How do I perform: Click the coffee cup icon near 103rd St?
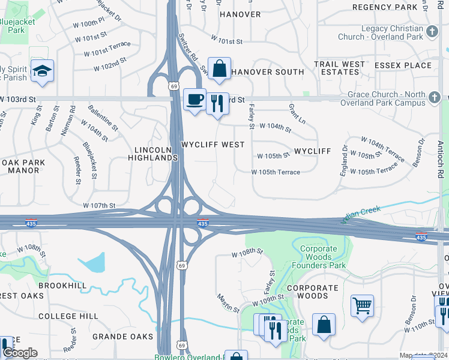tap(194, 100)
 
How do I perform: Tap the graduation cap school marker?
tap(42, 71)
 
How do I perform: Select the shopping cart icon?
tap(363, 306)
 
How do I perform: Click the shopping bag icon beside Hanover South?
tap(220, 68)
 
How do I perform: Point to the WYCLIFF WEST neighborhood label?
tap(212, 145)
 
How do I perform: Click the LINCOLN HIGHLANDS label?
tap(153, 154)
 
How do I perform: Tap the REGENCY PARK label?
tap(385, 7)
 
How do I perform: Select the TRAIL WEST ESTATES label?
tap(340, 68)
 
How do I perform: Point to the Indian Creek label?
tap(361, 214)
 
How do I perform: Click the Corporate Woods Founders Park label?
tap(319, 257)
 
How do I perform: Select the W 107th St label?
tap(100, 206)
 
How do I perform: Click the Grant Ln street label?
tap(297, 113)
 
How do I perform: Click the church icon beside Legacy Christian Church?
tap(432, 31)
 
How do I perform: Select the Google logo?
tap(20, 353)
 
